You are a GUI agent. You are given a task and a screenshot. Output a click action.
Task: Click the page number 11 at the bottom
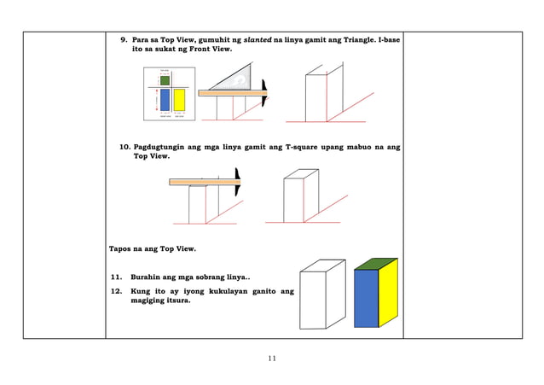pos(271,359)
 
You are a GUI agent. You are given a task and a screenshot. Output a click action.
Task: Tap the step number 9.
pos(123,40)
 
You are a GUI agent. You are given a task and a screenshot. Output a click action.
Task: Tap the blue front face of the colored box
pos(366,300)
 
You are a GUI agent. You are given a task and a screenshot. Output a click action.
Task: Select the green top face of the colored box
pos(375,265)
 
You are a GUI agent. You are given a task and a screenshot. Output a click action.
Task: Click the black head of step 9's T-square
pos(267,90)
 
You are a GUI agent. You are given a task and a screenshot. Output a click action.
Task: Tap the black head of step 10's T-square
pos(238,181)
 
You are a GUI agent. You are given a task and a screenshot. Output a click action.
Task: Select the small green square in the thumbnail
pos(165,80)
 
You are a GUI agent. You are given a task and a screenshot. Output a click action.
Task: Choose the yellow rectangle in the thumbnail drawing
pos(179,100)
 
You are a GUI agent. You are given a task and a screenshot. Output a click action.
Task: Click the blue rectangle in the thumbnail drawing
pos(164,100)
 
